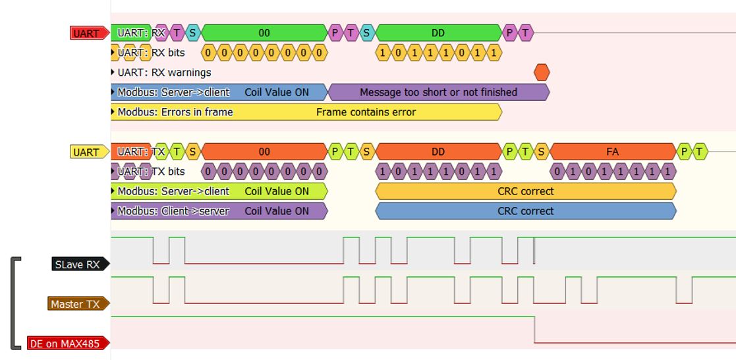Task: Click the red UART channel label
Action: coord(89,33)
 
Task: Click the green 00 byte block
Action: coord(264,32)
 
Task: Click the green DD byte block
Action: coord(438,32)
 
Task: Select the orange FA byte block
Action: coord(612,152)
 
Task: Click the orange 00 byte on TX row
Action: coord(264,152)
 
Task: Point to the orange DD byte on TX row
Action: coord(438,152)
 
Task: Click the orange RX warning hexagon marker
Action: coord(541,73)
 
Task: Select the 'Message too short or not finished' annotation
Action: coord(438,92)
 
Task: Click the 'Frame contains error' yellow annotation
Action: coord(366,112)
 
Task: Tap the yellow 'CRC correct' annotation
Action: coord(525,191)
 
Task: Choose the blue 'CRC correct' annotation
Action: coord(525,211)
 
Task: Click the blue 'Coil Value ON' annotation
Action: coord(276,92)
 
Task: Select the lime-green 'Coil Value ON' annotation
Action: coord(276,191)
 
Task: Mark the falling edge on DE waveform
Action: coord(534,330)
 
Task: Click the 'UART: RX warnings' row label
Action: coord(164,73)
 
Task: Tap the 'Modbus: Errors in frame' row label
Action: coord(175,112)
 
